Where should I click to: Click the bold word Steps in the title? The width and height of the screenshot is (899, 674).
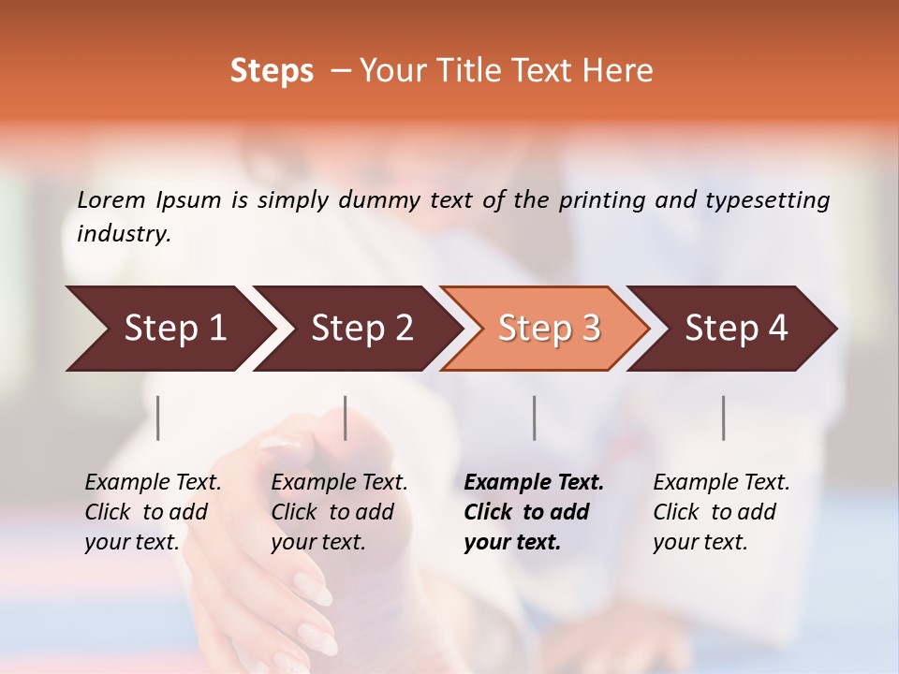(x=272, y=71)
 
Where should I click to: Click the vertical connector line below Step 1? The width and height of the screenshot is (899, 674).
(x=158, y=418)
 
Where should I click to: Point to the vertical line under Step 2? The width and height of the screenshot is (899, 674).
(x=346, y=418)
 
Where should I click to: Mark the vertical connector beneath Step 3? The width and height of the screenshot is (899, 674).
(x=535, y=418)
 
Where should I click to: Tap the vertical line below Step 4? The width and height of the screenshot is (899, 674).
(x=724, y=418)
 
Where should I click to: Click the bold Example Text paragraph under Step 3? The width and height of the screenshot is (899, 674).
(x=534, y=512)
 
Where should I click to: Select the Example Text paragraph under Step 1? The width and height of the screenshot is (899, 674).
(x=153, y=512)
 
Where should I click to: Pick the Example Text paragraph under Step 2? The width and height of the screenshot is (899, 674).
(x=339, y=512)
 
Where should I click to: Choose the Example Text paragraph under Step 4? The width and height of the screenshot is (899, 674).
(x=721, y=512)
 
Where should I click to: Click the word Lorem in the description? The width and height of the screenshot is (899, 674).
(x=111, y=199)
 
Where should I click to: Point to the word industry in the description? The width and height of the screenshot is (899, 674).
(x=124, y=234)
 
